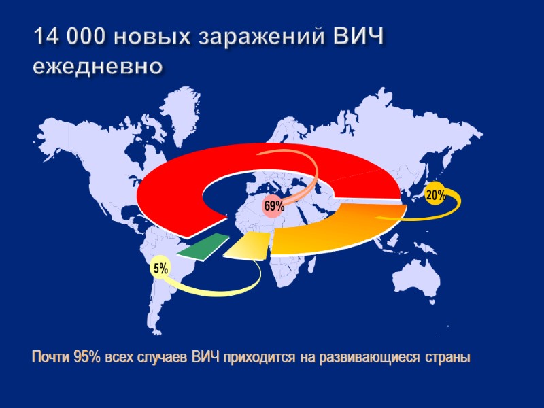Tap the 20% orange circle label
(x=435, y=195)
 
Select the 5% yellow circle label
(x=161, y=270)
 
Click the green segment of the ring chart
(x=203, y=245)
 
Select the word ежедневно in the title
(x=98, y=68)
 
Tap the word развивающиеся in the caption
(x=370, y=358)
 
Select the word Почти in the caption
(x=49, y=358)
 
